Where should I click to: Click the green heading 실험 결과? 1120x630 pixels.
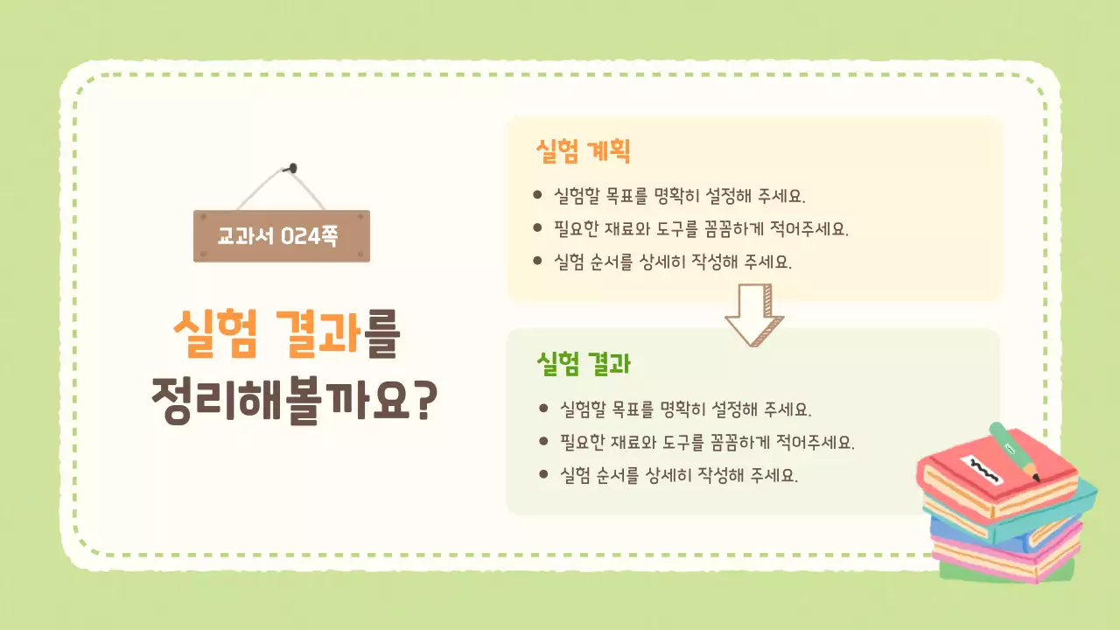[584, 363]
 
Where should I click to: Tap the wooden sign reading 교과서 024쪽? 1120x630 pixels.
[281, 236]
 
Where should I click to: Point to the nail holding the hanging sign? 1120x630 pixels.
[293, 166]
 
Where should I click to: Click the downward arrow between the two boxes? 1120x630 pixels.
[754, 313]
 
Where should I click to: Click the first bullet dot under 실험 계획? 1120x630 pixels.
[537, 194]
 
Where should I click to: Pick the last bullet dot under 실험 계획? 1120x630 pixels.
[537, 261]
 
